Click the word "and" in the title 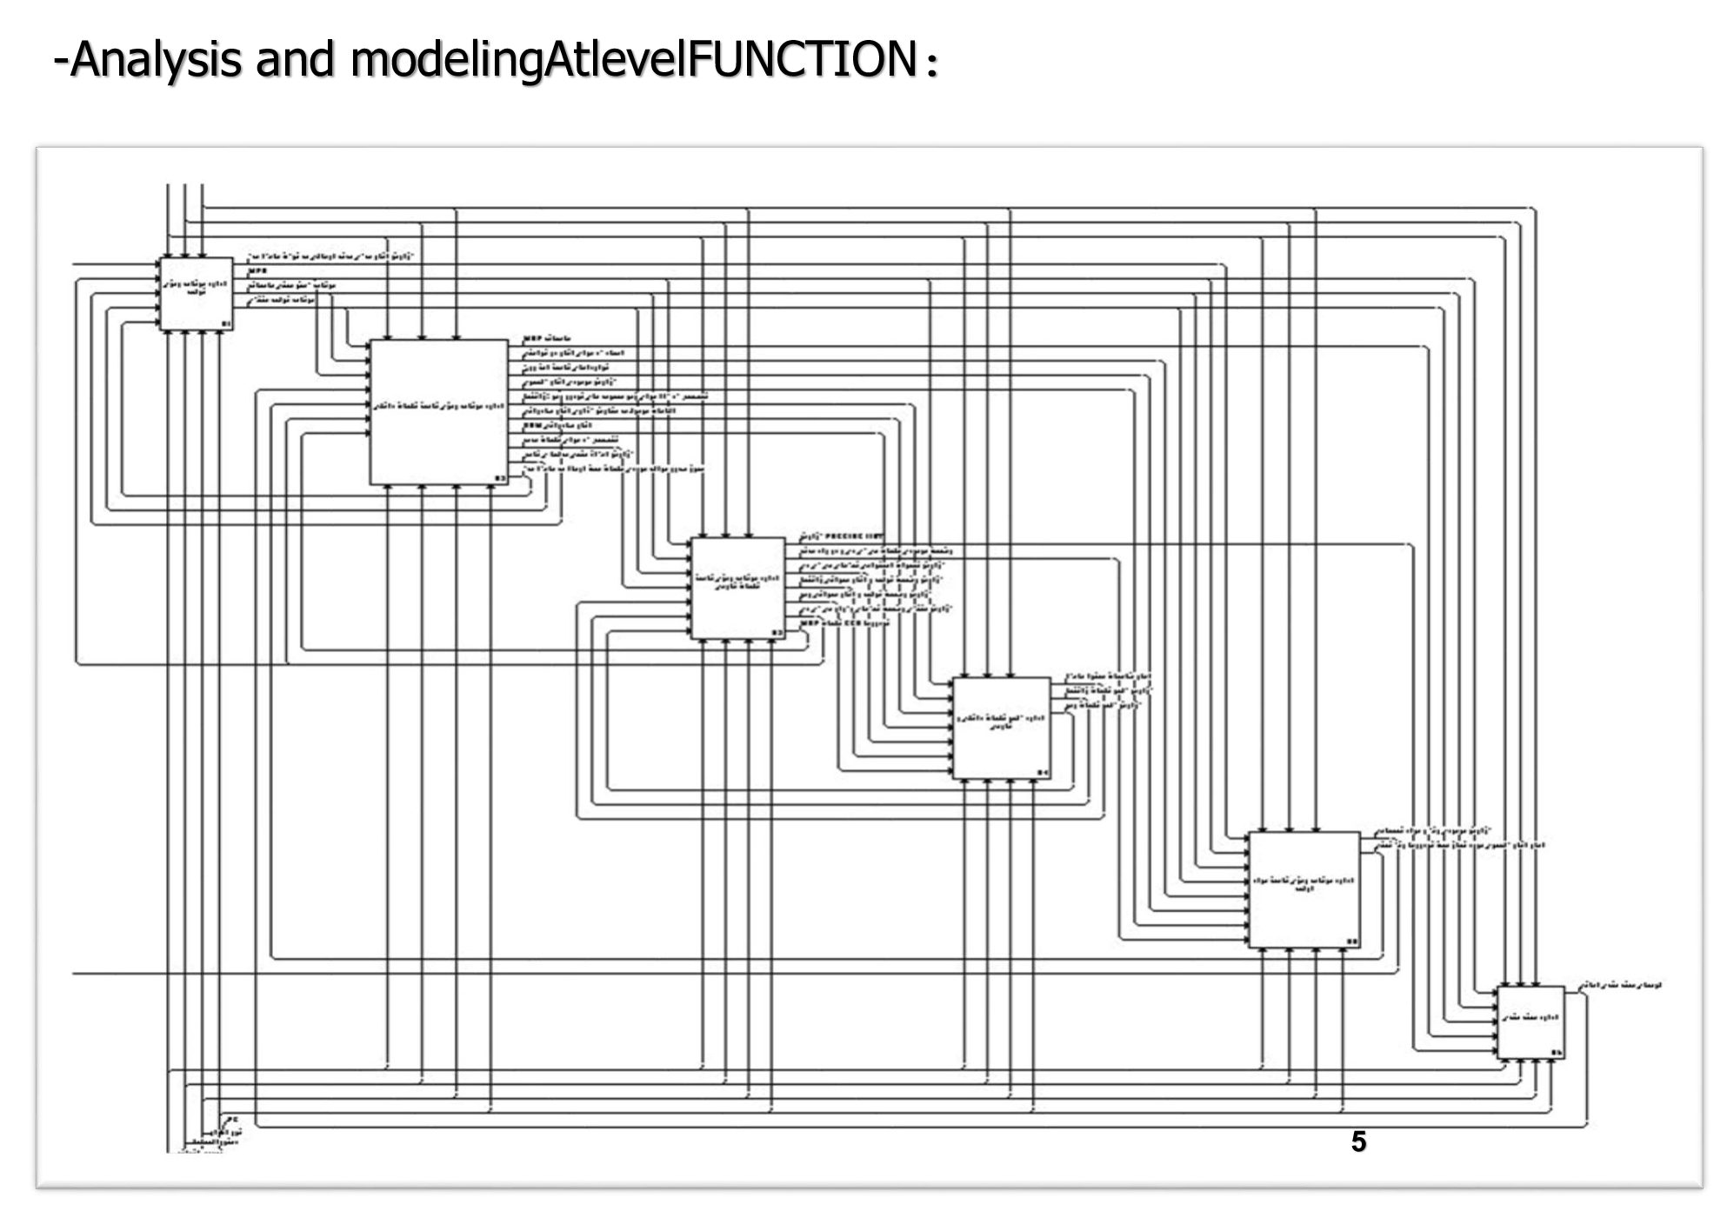tap(295, 59)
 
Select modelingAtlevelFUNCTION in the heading tap(632, 59)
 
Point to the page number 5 tap(1358, 1141)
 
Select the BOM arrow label tap(531, 425)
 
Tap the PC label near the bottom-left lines tap(231, 1120)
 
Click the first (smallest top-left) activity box tap(196, 294)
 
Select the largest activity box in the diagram tap(439, 412)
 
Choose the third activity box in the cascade tap(737, 589)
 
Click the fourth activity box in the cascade tap(1001, 728)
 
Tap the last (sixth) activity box tap(1530, 1022)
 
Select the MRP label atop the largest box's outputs tap(532, 338)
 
